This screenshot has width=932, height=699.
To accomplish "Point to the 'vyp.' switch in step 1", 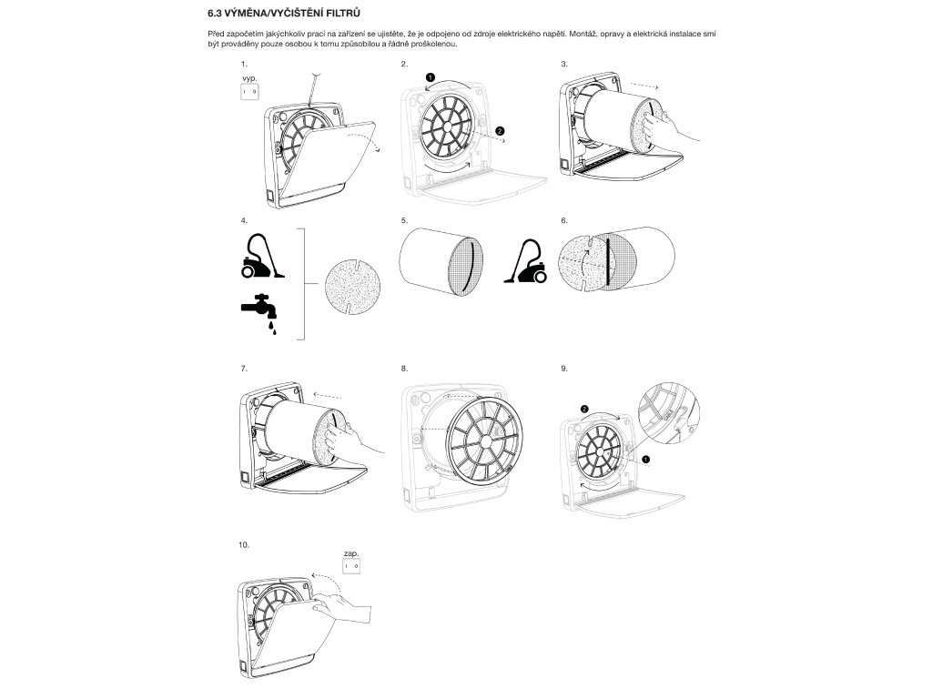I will click(250, 92).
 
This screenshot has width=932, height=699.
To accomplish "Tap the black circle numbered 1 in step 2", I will click(431, 78).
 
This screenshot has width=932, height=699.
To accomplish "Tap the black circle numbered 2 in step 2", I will click(500, 131).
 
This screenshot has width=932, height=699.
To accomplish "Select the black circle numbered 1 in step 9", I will click(646, 460).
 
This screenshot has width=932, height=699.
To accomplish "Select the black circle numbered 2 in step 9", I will click(584, 409).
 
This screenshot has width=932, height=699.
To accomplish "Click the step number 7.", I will click(244, 369).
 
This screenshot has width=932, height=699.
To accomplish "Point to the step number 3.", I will click(565, 65).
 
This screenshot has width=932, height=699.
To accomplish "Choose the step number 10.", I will click(243, 543).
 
